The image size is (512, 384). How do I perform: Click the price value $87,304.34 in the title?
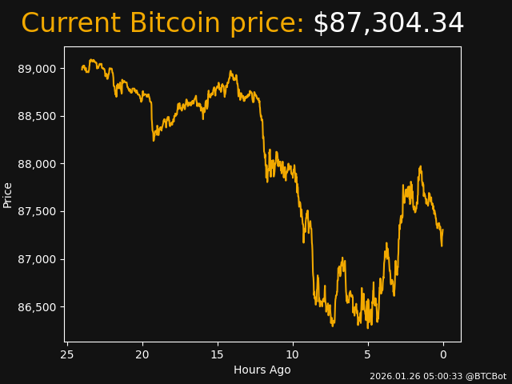coord(388,24)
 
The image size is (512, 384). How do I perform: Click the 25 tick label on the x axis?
coord(67,354)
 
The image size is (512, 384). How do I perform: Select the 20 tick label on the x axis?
coord(142,354)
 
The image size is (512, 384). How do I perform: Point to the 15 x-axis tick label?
coord(218,354)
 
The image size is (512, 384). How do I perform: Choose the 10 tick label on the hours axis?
coord(293,354)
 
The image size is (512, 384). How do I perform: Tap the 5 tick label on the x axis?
coord(368,354)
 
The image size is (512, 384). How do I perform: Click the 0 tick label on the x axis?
coord(443,354)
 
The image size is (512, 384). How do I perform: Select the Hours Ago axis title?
coord(262,370)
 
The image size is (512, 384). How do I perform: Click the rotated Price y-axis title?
coord(8,194)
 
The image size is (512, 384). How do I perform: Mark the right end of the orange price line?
coord(442,230)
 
